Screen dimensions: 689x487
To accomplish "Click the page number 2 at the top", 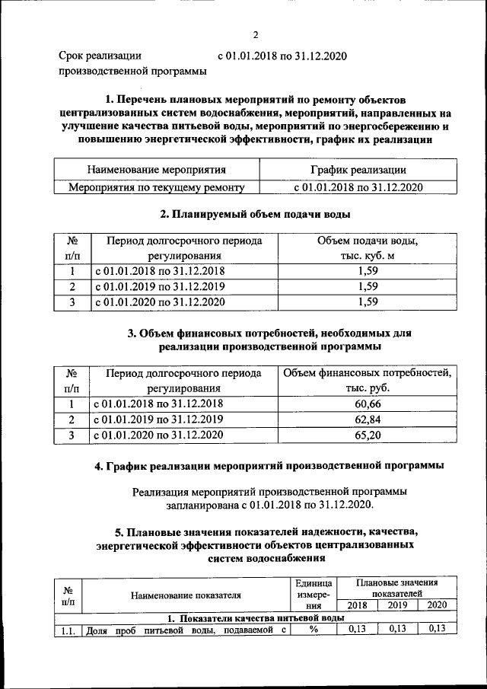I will coord(256,35).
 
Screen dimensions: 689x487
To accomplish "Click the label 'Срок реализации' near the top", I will coord(100,56).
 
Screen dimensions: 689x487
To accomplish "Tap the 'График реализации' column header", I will coord(358,170).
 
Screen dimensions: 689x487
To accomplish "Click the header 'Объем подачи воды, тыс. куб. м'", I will coord(368,248).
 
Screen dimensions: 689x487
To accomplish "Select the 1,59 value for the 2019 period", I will coord(368,287).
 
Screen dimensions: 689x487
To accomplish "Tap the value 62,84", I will coord(368,419).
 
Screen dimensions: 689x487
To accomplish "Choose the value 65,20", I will coord(368,435).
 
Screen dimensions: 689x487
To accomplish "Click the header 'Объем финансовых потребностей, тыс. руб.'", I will coord(368,381).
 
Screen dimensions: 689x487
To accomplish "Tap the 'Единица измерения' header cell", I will coord(312,594).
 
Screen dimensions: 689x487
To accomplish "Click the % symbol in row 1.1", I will coord(312,629).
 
